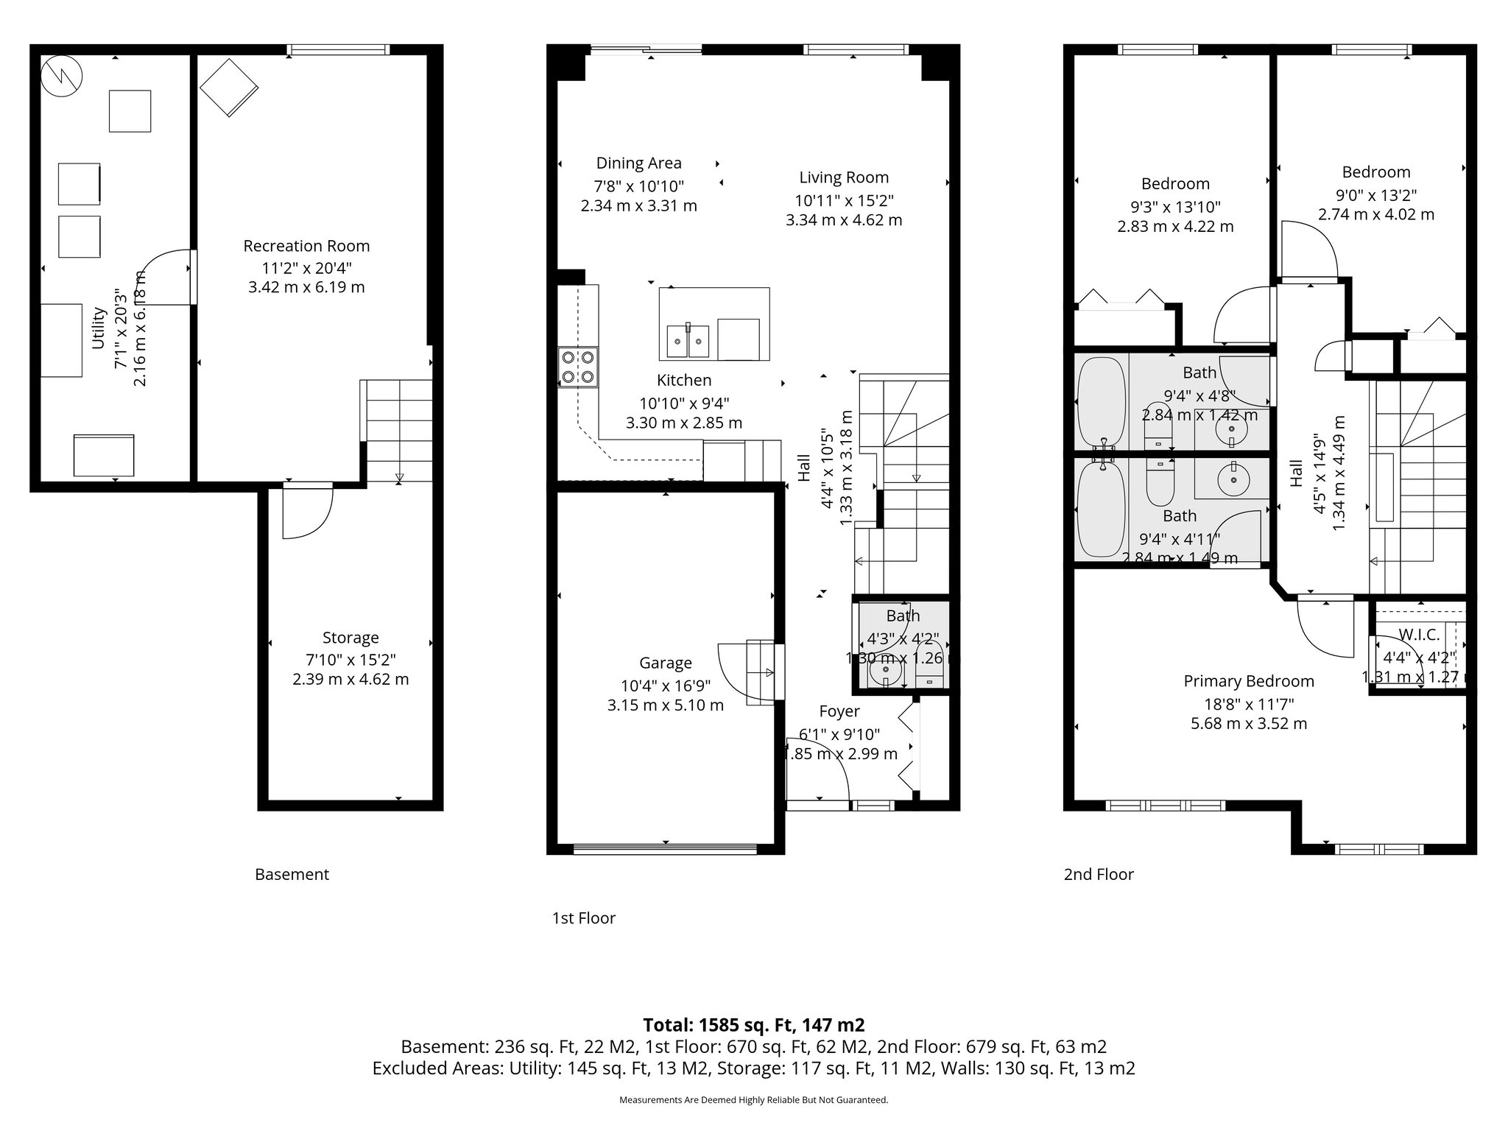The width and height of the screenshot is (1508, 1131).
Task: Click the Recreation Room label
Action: click(306, 246)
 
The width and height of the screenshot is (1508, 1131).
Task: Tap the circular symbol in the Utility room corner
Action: click(61, 76)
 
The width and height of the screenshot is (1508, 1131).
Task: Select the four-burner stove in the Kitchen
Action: click(578, 367)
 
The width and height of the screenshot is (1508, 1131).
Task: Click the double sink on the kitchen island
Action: click(688, 341)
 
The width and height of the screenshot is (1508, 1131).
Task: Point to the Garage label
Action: click(665, 663)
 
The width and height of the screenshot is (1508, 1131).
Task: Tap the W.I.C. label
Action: click(1419, 635)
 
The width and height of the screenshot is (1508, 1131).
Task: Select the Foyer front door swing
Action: click(817, 769)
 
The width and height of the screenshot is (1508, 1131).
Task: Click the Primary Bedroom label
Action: click(1249, 682)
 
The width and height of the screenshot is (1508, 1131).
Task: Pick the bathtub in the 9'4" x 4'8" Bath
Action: click(1102, 402)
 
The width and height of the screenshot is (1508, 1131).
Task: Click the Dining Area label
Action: click(638, 163)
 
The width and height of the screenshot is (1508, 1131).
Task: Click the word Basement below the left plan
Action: click(292, 875)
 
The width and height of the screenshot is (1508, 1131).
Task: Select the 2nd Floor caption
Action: click(1098, 875)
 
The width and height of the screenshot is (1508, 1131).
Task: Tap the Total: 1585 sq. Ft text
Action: click(753, 1025)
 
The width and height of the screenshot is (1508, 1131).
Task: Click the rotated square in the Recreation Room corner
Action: click(229, 87)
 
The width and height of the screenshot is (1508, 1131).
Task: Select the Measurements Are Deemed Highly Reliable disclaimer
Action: click(753, 1100)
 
